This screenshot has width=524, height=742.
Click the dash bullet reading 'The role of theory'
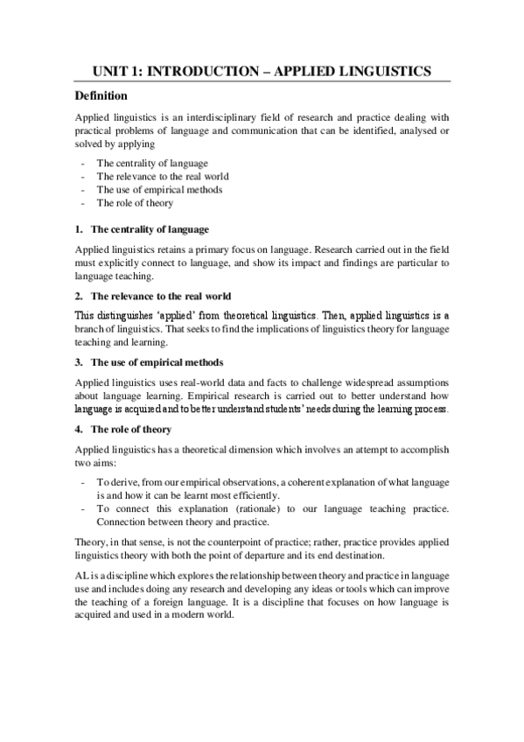click(135, 203)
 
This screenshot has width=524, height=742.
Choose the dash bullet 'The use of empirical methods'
click(159, 190)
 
